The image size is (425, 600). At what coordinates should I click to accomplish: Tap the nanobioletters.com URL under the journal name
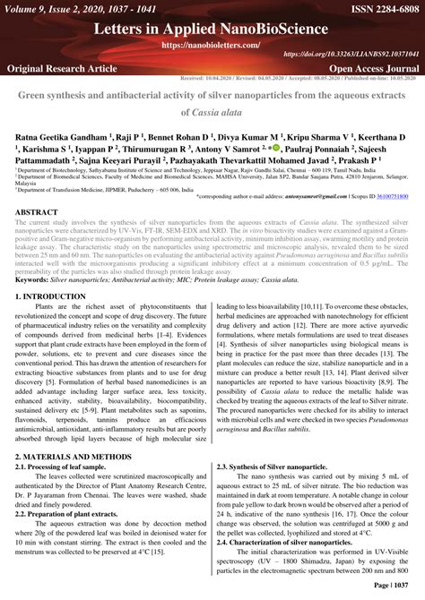[212, 44]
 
